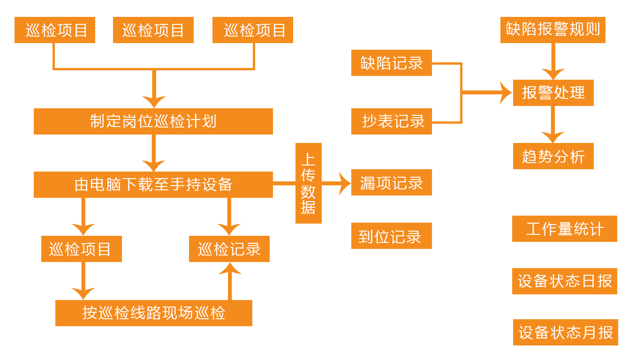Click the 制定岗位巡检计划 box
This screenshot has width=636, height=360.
153,121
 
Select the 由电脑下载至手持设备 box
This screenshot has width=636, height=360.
153,184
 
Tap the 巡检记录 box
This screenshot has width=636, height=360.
229,249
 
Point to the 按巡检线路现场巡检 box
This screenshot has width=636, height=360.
153,313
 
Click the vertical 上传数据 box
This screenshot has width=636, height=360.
308,183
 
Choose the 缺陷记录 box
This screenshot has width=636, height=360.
391,63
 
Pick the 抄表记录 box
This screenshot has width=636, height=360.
391,121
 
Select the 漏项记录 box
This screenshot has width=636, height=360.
391,182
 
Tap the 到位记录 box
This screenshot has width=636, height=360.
391,236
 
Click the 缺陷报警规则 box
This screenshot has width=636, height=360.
553,30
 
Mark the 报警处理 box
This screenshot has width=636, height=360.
553,93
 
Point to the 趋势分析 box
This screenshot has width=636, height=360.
553,156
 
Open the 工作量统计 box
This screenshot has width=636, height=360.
564,229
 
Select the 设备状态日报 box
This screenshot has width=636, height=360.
564,281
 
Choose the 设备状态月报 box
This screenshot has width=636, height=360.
565,332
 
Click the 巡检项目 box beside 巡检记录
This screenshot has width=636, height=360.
81,249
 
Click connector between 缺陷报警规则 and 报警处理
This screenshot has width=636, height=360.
553,61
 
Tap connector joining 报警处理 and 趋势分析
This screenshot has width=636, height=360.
553,124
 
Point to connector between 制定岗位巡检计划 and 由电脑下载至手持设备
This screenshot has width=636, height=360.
153,153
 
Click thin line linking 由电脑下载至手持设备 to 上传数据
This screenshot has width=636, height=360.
284,183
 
